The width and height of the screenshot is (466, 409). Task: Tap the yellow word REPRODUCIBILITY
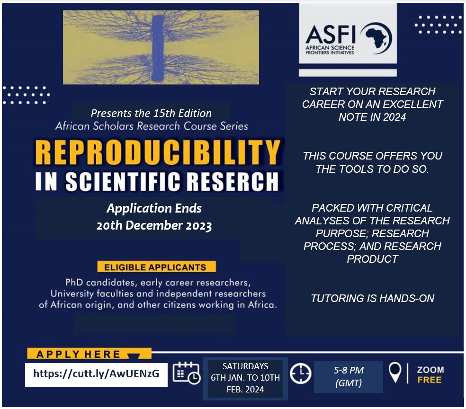(x=158, y=152)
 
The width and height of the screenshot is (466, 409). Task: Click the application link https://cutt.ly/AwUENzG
(x=96, y=373)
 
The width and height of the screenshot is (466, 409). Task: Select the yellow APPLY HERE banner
(x=89, y=354)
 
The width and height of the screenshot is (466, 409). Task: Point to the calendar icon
(x=187, y=373)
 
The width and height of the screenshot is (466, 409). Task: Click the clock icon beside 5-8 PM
(x=300, y=373)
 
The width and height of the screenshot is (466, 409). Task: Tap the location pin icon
(x=395, y=373)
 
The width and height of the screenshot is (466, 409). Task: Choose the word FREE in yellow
(x=430, y=380)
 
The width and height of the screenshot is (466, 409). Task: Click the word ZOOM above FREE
(x=430, y=370)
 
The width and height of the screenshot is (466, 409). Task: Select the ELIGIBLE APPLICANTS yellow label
(x=156, y=267)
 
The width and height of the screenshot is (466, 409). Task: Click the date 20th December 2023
(x=154, y=225)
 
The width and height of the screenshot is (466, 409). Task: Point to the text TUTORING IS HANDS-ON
(x=372, y=298)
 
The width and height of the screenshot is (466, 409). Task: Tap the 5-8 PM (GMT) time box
(x=348, y=377)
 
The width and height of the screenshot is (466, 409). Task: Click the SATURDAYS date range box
(x=245, y=378)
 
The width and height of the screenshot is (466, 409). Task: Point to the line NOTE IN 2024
(x=372, y=117)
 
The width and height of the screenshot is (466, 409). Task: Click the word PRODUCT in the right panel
(x=372, y=259)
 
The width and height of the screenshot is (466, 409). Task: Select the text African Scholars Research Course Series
(x=152, y=126)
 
